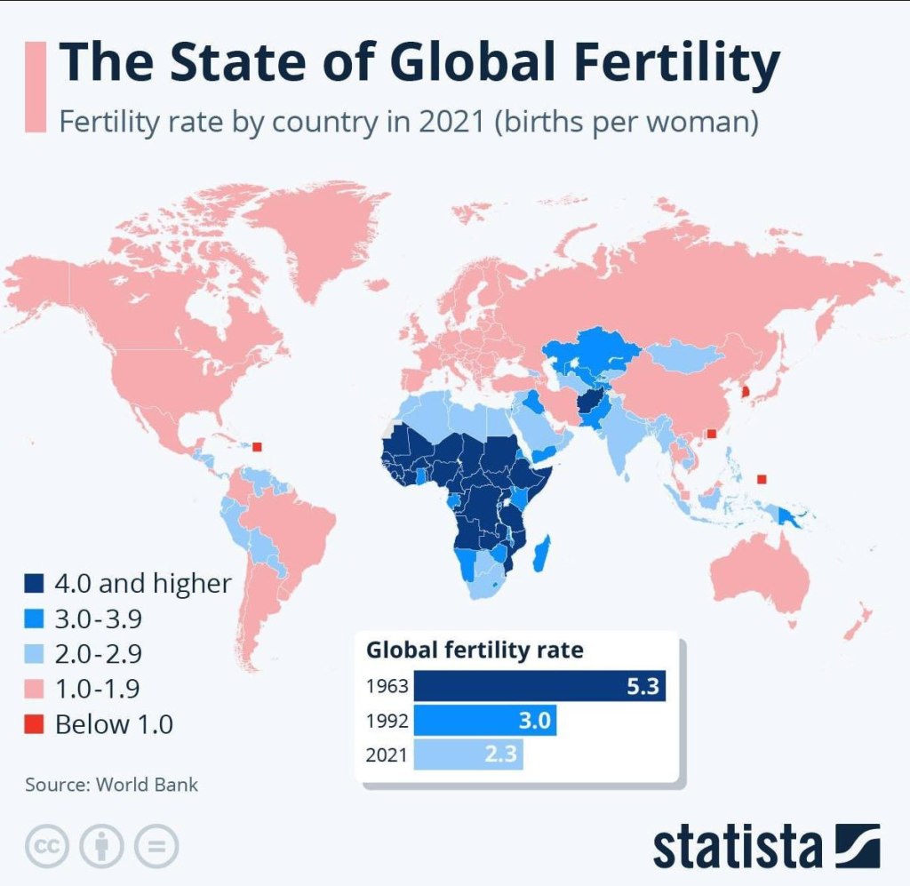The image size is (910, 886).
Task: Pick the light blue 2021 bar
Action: (x=468, y=755)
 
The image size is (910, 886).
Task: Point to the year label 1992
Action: (x=386, y=722)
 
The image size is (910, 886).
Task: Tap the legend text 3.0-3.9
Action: (x=98, y=619)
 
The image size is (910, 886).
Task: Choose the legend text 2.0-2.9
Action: (x=98, y=654)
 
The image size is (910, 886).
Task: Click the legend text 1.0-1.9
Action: (x=98, y=689)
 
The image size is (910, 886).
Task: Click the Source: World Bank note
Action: (x=111, y=785)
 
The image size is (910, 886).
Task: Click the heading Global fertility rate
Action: (x=475, y=651)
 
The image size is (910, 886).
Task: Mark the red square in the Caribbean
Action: (x=258, y=447)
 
